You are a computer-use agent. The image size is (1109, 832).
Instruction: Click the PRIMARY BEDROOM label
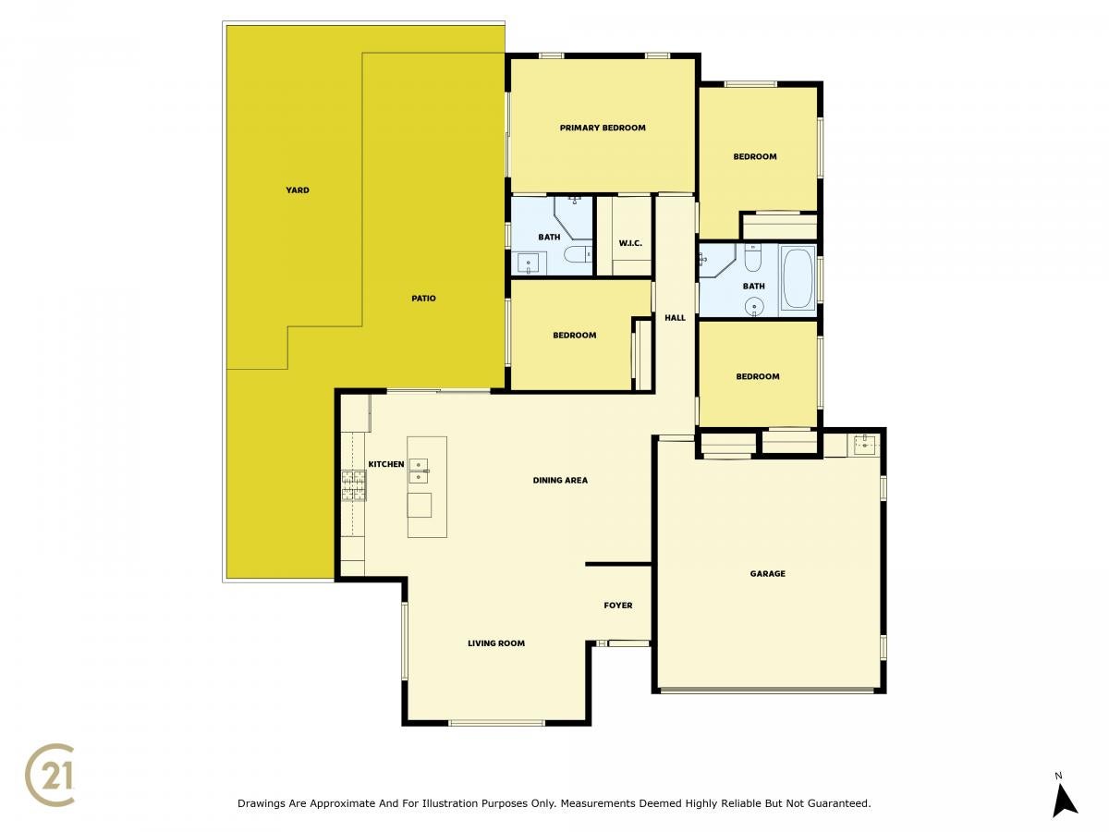pos(603,128)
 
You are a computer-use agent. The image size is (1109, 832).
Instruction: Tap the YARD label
pos(297,190)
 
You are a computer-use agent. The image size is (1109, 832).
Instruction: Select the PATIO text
pos(423,299)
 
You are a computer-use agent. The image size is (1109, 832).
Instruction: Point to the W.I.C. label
pos(630,243)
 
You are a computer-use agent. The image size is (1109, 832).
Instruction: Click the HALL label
pos(675,318)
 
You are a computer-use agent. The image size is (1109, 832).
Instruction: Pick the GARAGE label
pos(767,574)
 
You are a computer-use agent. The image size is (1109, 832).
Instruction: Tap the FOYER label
pos(618,606)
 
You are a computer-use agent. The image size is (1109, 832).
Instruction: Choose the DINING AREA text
pos(560,481)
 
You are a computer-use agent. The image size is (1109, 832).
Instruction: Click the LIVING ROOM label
pos(496,643)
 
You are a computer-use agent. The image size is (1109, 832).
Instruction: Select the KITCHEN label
pos(386,464)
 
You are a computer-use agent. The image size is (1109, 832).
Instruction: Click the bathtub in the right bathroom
pos(798,278)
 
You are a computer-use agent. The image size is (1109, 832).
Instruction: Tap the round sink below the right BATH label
pos(754,307)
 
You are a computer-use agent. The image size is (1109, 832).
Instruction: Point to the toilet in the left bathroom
pos(578,254)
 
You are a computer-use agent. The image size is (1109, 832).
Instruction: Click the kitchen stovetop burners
pos(354,485)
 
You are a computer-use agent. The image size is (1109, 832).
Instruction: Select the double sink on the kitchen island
pos(419,471)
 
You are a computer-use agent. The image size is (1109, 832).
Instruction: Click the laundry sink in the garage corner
pos(866,445)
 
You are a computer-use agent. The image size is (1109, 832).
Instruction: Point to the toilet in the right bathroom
pos(753,257)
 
